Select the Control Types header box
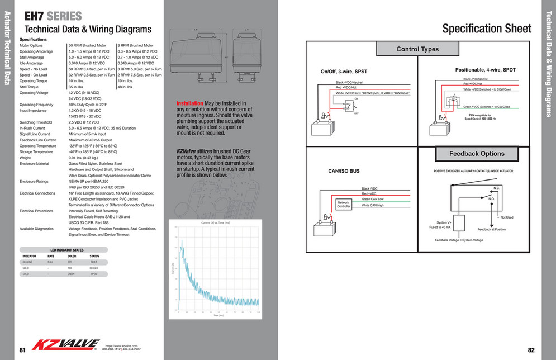coord(417,49)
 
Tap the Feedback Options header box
coord(477,154)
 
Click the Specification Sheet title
coord(487,29)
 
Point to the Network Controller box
coord(343,204)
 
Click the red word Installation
coord(190,104)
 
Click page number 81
coord(22,350)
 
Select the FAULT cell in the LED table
coord(94,262)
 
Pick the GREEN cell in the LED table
coord(71,274)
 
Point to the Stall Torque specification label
coord(30,87)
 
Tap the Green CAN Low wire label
coord(373,199)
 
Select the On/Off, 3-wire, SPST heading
coord(344,72)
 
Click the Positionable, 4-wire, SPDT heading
coord(479,69)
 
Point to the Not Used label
coord(506,217)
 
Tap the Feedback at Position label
coord(492,229)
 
